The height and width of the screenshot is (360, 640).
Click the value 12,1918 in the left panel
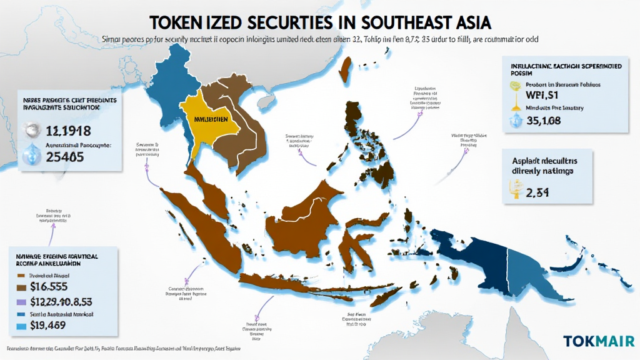pos(68,131)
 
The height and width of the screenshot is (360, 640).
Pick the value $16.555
pos(59,287)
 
